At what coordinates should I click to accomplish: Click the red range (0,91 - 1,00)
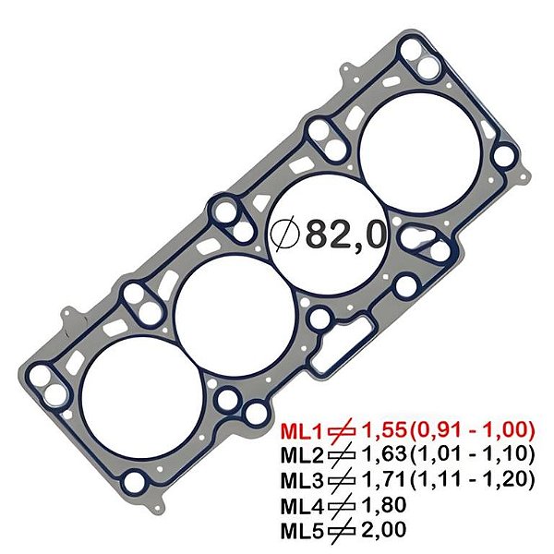point(472,429)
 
